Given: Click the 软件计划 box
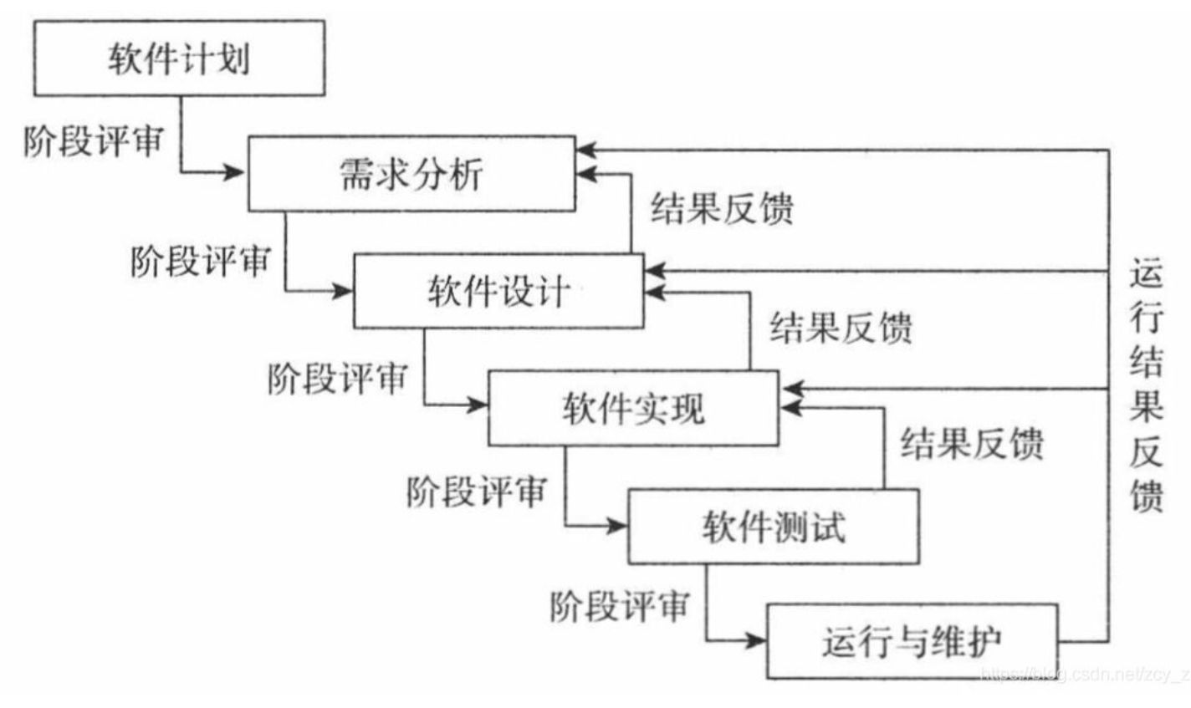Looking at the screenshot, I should click(x=179, y=59).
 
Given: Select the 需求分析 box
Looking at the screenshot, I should click(x=411, y=174).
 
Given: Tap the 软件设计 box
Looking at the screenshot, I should click(x=498, y=292).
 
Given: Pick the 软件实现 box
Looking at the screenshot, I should click(x=633, y=409).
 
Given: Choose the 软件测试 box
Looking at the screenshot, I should click(x=773, y=527).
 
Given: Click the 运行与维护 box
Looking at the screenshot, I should click(x=912, y=642).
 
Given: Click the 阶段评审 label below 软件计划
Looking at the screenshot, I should click(x=93, y=140).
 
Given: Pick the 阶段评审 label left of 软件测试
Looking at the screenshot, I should click(x=476, y=491).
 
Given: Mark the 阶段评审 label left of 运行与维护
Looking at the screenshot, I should click(x=620, y=606).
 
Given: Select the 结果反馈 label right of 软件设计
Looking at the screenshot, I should click(x=841, y=327).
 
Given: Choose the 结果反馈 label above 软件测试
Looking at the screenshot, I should click(x=972, y=443).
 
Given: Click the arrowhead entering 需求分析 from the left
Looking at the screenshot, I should click(x=234, y=173).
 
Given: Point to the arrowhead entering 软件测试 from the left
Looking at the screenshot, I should click(x=616, y=526).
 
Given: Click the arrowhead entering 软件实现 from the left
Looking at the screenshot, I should click(x=478, y=405).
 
